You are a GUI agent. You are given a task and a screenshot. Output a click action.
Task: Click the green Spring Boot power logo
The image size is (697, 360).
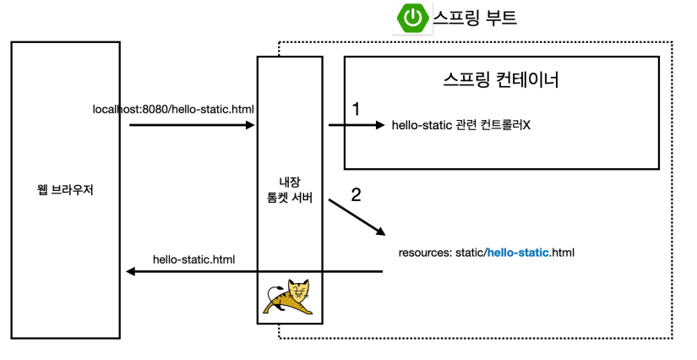click(x=413, y=19)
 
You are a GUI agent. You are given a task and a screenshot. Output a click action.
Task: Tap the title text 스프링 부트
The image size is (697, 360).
click(x=475, y=18)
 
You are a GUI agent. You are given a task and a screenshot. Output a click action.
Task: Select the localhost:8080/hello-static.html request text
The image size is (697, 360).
click(x=173, y=109)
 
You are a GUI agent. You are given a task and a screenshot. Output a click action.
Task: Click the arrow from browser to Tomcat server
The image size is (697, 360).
click(x=193, y=125)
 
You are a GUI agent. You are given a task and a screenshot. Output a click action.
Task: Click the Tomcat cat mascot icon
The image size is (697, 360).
click(x=289, y=297)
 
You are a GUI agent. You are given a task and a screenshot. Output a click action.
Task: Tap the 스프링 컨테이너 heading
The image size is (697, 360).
click(x=501, y=81)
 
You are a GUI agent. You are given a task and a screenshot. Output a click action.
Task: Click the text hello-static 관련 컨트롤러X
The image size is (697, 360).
click(x=461, y=126)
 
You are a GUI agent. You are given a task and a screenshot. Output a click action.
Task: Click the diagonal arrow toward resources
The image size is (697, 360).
click(x=357, y=216)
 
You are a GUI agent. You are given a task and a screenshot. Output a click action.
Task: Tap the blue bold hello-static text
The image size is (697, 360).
click(x=519, y=252)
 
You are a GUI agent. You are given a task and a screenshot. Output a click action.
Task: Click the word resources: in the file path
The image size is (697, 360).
click(x=424, y=252)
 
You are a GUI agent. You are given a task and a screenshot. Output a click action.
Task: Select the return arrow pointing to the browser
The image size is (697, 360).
click(x=253, y=271)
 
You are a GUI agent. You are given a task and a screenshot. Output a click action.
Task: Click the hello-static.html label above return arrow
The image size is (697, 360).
click(x=194, y=259)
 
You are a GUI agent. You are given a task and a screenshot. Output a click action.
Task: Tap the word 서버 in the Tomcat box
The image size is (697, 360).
click(x=302, y=197)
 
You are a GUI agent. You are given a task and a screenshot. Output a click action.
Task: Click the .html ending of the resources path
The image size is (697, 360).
click(x=563, y=252)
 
